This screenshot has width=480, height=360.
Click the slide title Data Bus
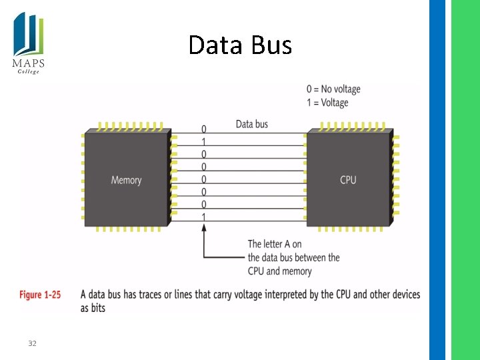coord(240,45)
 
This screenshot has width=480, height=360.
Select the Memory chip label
coord(126,180)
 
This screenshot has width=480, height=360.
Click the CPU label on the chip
coord(348,180)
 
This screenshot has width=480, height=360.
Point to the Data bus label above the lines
coord(251,124)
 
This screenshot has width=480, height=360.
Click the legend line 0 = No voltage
coord(333,89)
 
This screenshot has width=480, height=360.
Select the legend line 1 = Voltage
coord(327,103)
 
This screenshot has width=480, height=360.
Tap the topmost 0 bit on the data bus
coord(203,129)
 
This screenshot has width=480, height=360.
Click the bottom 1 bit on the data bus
coord(203,217)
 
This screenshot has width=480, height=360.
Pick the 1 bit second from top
coord(203,141)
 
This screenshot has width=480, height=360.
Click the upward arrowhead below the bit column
coord(203,228)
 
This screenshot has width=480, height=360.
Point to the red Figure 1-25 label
coord(40,295)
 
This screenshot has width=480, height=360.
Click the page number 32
coord(32,343)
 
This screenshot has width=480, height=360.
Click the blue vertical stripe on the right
coord(437,180)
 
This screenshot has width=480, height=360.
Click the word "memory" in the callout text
coord(300,271)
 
